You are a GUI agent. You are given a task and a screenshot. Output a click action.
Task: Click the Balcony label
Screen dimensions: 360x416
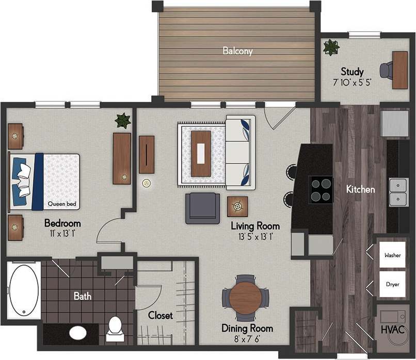coord(237,51)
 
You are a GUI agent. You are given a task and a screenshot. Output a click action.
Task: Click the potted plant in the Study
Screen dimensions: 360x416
coord(330,47)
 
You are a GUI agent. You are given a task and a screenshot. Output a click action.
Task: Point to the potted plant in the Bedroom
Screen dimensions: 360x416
coord(123,121)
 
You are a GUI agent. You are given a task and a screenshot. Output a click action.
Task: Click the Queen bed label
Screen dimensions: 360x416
coord(62,204)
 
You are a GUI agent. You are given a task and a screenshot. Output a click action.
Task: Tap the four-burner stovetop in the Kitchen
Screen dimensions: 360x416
coord(321,189)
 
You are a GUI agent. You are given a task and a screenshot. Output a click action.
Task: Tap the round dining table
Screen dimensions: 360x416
coord(246,298)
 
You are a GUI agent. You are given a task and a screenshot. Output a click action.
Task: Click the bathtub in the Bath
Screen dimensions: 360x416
coord(24,290)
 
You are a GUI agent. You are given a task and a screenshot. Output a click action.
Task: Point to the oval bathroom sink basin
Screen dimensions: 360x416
coord(78,332)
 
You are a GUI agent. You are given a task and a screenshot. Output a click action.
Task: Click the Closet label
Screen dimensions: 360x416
coord(161,315)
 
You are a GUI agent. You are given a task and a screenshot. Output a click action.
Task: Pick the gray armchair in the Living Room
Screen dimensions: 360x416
coord(203,208)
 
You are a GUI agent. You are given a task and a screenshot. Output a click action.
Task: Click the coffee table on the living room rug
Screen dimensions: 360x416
coord(201,153)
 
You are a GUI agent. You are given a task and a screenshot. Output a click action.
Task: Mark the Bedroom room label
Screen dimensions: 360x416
coord(62,223)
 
